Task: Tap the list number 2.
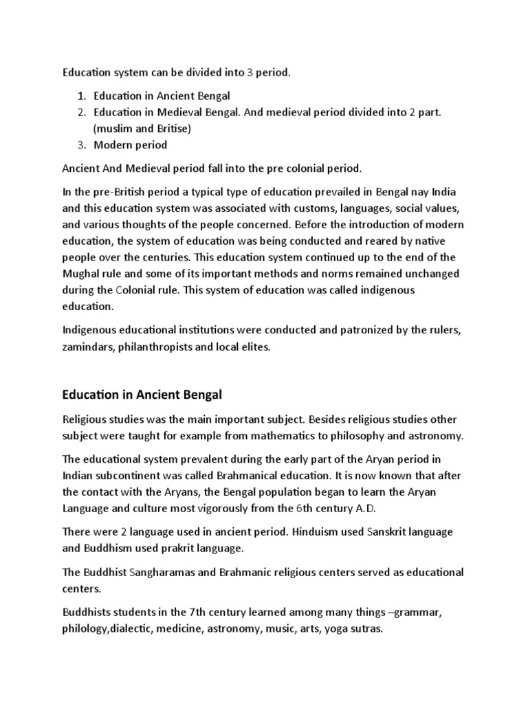click(x=80, y=112)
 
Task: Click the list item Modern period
click(x=130, y=144)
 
